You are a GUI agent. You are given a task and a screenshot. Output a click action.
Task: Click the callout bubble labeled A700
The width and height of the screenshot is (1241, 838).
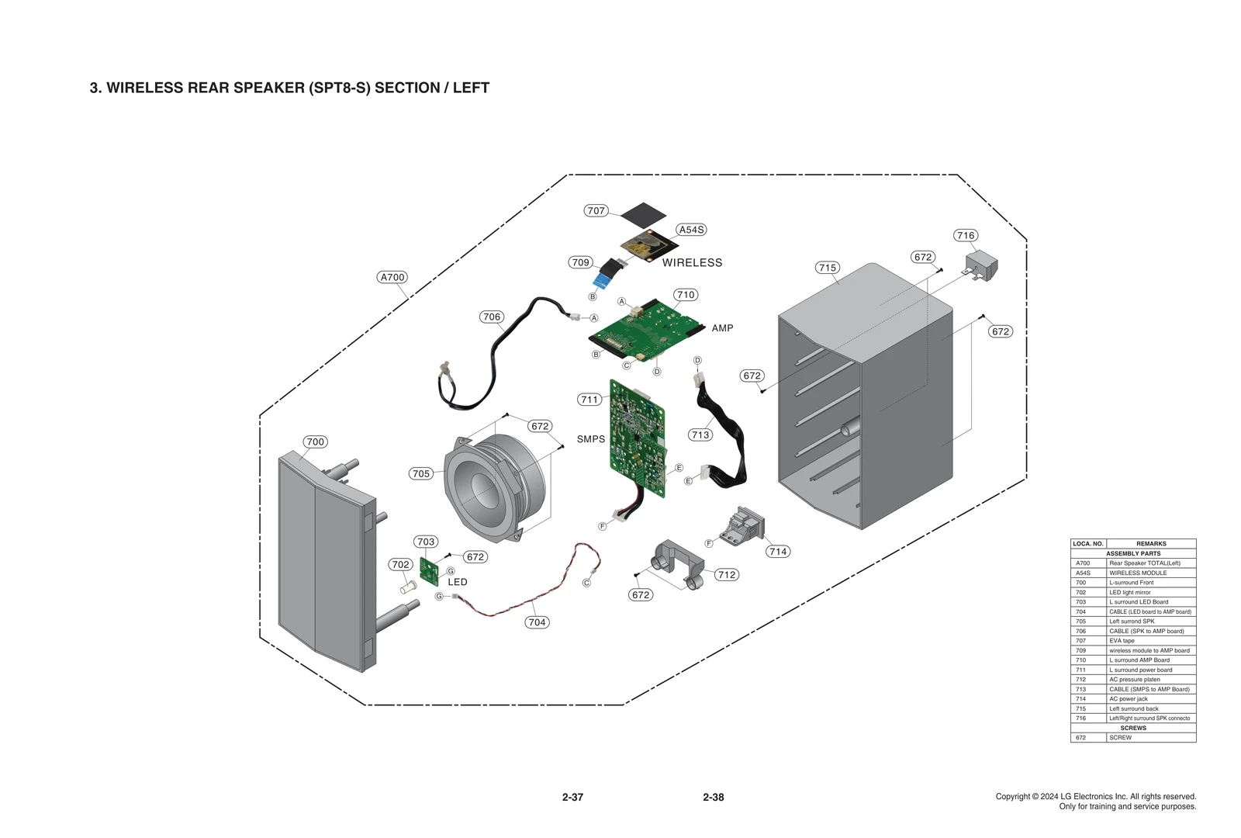392,277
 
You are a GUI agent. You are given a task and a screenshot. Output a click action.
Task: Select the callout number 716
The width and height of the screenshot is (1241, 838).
966,235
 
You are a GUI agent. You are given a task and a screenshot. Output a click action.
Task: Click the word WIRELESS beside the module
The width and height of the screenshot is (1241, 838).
692,263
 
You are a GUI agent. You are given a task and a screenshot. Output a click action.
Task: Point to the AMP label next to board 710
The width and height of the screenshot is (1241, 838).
722,328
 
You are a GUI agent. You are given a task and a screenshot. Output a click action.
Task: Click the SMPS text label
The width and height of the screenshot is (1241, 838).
591,439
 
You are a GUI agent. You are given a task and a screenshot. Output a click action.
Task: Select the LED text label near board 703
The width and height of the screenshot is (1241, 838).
458,582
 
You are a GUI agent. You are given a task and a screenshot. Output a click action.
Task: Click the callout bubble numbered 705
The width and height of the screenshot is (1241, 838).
420,473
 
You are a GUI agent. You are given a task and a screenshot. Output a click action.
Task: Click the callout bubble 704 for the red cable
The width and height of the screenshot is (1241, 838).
537,622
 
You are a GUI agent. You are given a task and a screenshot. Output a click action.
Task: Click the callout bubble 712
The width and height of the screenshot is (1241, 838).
727,575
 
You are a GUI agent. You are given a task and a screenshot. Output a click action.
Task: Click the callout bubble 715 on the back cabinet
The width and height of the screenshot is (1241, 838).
828,268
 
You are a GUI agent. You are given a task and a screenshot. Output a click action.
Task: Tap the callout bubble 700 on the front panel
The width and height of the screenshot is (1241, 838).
315,442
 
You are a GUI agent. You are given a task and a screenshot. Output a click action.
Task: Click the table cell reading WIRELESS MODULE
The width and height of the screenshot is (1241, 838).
1137,573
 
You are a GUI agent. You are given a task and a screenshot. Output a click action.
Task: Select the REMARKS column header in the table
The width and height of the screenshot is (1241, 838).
1151,544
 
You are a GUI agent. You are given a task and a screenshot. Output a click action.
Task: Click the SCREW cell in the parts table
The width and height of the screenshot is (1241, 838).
1120,738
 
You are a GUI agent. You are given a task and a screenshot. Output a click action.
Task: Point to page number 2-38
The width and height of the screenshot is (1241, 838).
713,798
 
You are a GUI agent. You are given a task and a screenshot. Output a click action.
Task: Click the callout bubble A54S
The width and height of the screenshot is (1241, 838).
691,230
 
